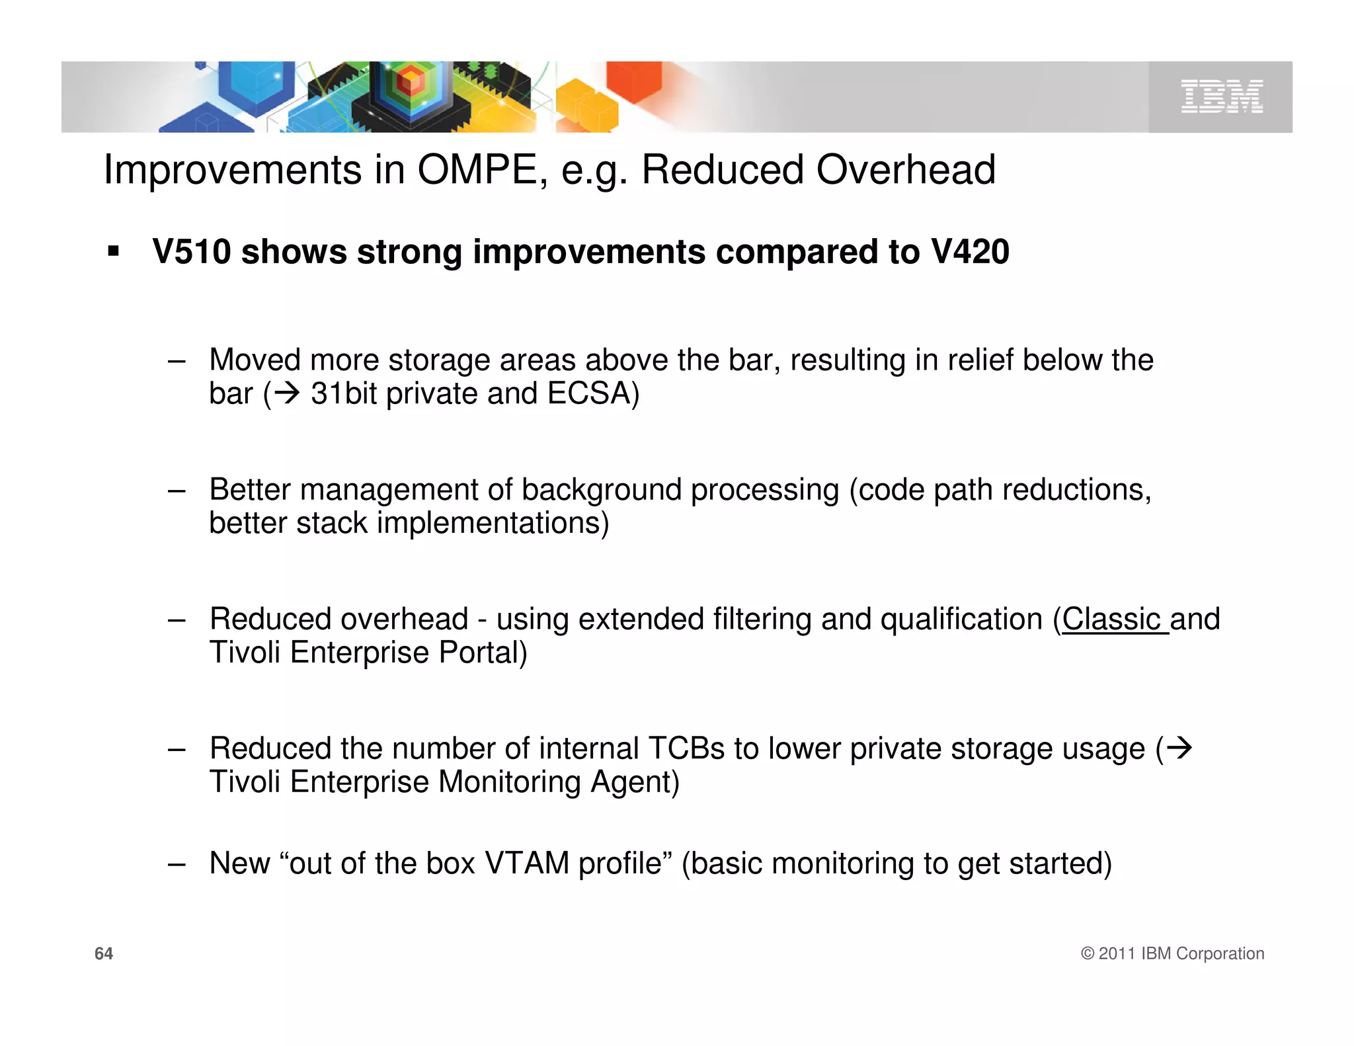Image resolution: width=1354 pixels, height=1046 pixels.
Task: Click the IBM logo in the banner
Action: (1221, 97)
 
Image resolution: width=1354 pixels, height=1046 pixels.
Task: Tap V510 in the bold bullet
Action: (192, 252)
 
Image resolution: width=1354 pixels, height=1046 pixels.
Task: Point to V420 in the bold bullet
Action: (969, 252)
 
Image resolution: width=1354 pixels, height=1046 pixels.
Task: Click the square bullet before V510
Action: (114, 252)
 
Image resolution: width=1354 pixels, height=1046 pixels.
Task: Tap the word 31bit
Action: (344, 393)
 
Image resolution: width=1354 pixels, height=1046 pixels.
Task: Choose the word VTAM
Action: (527, 864)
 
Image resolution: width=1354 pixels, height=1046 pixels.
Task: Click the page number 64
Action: (104, 953)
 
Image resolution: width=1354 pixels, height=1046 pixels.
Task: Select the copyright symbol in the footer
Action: (1088, 953)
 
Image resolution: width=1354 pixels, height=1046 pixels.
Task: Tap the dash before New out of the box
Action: (177, 864)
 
